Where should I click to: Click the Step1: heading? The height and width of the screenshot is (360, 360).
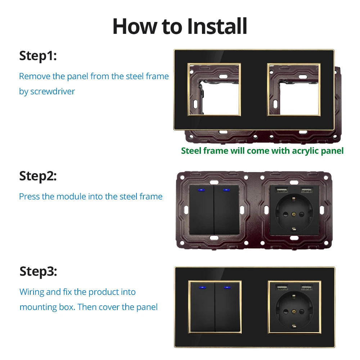coord(38,56)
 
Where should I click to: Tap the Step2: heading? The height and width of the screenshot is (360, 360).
coord(38,176)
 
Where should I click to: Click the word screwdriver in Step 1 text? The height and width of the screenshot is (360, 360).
coord(53,91)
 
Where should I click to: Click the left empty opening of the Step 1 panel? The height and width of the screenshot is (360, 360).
coord(214,90)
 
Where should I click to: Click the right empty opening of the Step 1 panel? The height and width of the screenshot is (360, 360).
coord(294,90)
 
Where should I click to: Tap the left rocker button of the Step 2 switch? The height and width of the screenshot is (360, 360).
coord(201,210)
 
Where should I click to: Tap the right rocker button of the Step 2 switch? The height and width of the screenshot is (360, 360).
coord(226,210)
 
